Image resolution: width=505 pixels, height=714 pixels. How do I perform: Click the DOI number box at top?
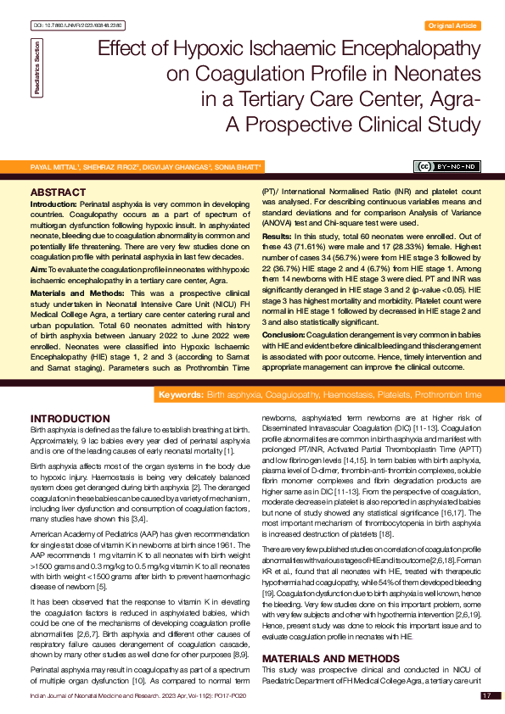67,26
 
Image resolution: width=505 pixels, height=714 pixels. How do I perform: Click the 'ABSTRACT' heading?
59,193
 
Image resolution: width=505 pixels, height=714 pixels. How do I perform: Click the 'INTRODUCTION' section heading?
70,419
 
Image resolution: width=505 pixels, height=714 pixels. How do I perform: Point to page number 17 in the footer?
486,695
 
